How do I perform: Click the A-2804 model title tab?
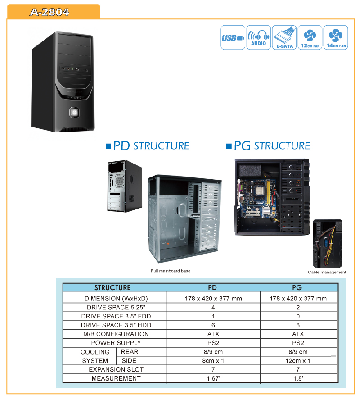54,12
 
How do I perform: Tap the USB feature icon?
233,37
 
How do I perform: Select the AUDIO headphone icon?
259,37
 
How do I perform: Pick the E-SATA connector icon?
284,37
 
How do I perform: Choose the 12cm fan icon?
310,37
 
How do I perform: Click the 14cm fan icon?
336,37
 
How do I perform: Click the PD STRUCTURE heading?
148,146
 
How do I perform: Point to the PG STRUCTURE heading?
268,146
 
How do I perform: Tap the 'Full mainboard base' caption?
171,271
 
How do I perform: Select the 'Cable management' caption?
327,272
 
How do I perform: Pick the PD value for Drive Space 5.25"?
213,307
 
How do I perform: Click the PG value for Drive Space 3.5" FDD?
298,316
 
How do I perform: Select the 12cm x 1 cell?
298,361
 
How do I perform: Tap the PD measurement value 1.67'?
213,378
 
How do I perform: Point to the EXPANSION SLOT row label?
116,370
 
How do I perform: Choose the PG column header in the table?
297,288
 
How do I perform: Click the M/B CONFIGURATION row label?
116,334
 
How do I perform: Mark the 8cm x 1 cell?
213,361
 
